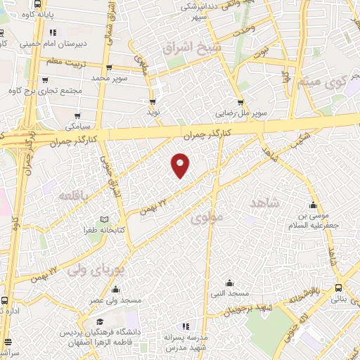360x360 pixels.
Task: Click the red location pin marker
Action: click(181, 164)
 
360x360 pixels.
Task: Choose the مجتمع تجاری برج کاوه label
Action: click(46, 91)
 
